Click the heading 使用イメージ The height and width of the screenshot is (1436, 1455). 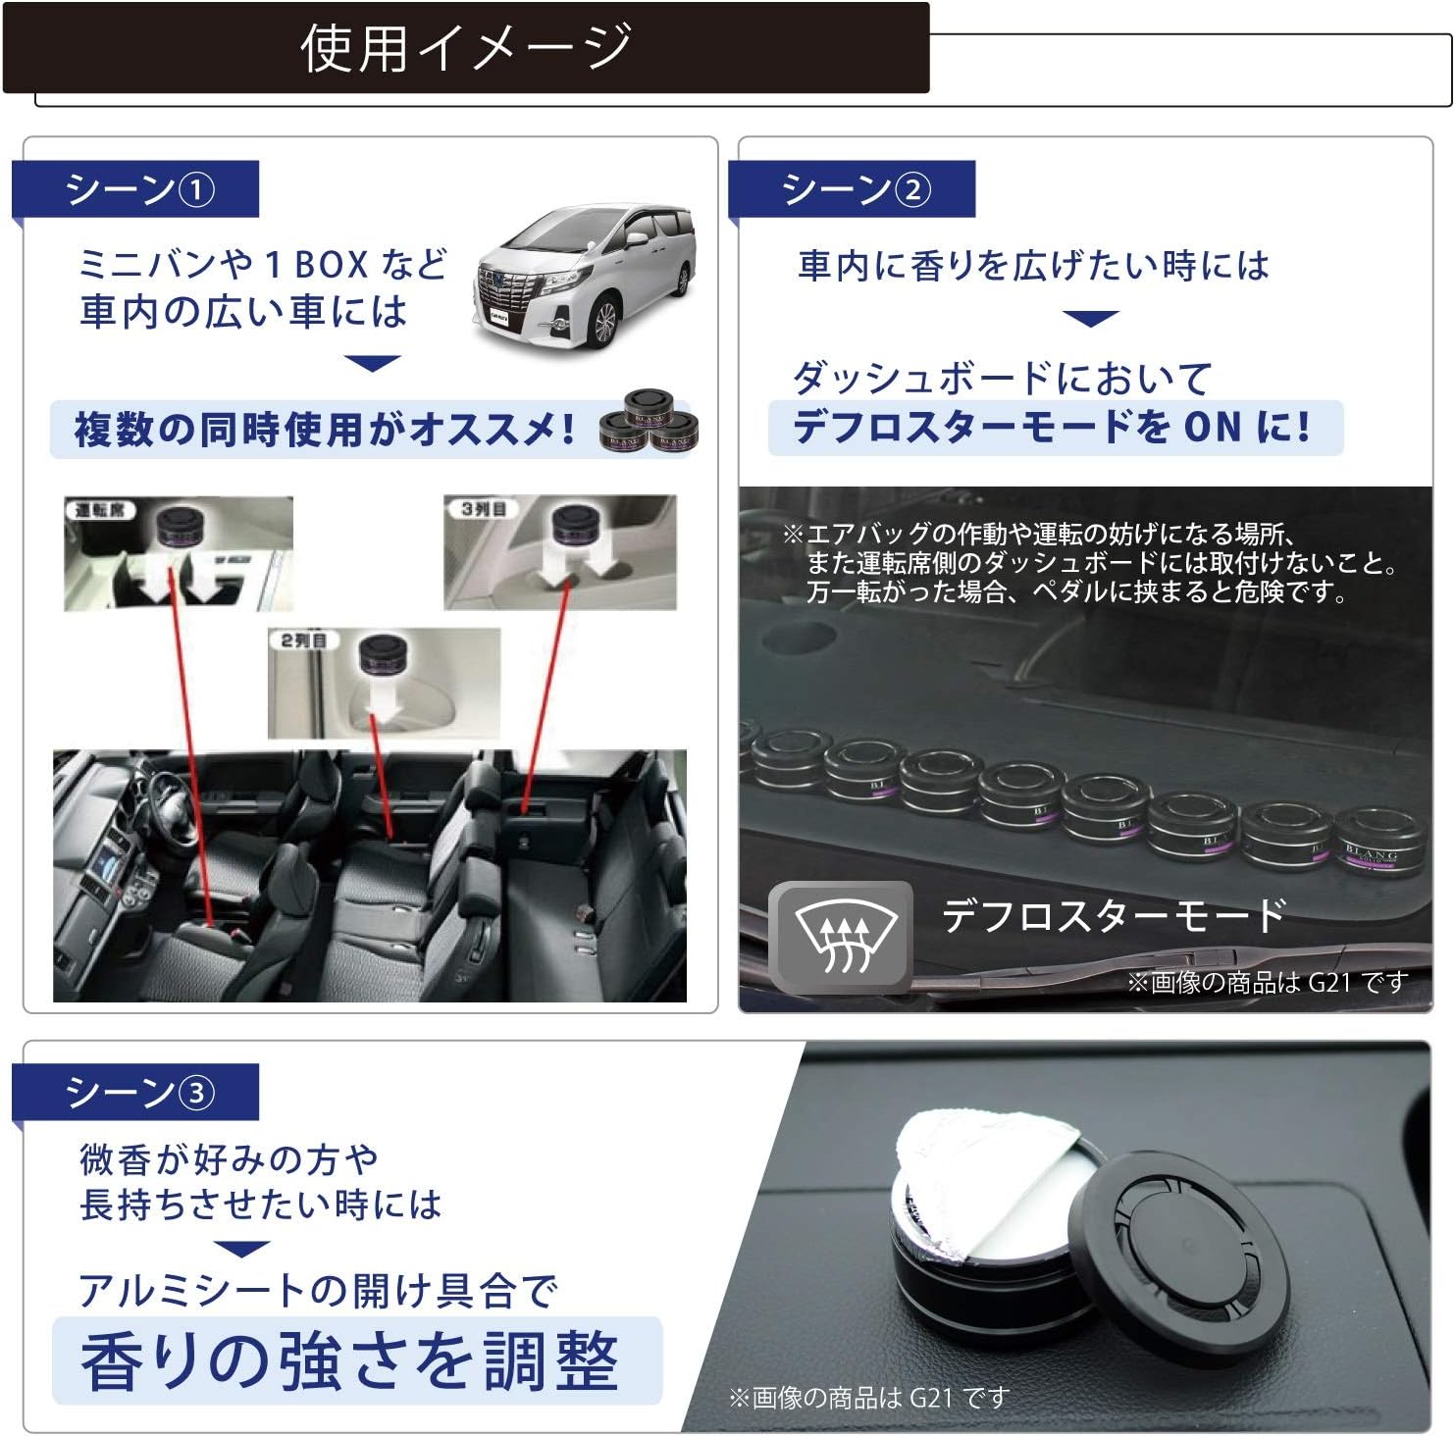[465, 48]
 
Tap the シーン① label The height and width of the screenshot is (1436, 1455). [138, 189]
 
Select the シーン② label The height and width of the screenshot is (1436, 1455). [855, 189]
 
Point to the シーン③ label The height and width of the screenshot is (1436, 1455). [138, 1092]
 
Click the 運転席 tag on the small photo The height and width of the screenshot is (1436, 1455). [99, 510]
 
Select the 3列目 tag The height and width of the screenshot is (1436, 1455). [483, 509]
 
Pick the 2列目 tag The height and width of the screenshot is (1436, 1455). [303, 641]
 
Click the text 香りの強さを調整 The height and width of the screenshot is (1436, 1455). [350, 1360]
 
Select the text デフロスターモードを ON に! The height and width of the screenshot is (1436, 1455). [1051, 428]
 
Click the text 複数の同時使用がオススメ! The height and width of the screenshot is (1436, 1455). [325, 430]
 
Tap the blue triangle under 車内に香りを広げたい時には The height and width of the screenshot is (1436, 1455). [1091, 318]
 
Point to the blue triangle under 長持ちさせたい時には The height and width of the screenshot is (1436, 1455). [241, 1249]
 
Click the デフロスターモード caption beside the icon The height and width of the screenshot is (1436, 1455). [1113, 915]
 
